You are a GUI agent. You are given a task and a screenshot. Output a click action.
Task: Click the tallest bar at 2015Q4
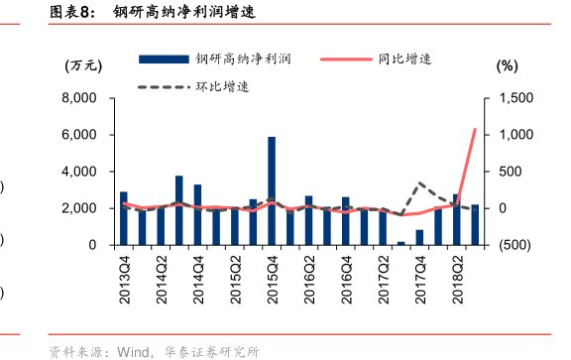pos(272,190)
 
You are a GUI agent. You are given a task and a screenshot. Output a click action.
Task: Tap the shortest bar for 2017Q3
pos(401,243)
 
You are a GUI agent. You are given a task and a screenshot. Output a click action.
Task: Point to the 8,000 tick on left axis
pos(77,98)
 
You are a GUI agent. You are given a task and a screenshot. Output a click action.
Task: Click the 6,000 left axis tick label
pos(77,135)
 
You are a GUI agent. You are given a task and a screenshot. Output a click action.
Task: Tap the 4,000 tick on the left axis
pos(77,172)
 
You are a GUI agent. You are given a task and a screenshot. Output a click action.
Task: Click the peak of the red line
pos(475,129)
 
